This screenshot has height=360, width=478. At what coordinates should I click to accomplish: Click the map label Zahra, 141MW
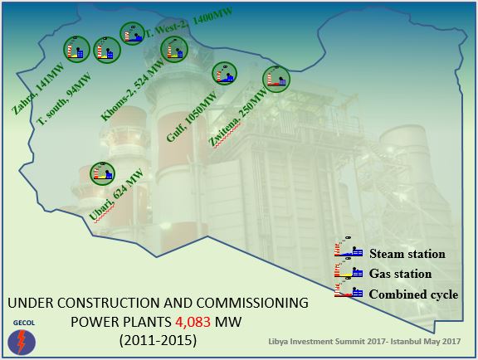[38, 89]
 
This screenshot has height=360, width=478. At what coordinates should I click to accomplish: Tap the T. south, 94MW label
[64, 99]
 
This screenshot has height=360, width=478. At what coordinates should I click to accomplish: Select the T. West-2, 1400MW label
[188, 22]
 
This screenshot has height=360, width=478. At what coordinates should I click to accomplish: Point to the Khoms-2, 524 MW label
[132, 90]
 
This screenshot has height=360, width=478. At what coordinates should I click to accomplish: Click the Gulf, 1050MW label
[192, 117]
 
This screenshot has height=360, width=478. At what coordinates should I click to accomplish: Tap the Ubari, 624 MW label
[116, 194]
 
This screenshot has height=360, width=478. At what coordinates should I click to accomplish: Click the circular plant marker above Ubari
[102, 173]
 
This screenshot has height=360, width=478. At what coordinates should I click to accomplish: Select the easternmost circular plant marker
[276, 79]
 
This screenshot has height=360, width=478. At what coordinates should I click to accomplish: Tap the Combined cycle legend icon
[349, 291]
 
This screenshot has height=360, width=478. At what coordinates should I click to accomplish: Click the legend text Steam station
[407, 254]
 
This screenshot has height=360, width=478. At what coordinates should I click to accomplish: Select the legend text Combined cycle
[413, 294]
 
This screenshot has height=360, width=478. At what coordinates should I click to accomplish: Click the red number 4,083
[193, 322]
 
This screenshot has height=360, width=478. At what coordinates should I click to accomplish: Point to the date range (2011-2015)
[158, 340]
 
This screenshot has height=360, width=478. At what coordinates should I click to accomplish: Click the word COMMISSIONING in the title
[252, 303]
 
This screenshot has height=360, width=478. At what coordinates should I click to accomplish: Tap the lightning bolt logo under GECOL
[22, 343]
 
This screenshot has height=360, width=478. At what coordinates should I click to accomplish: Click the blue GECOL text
[24, 323]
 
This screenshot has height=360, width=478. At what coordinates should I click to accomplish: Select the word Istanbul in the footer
[404, 341]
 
